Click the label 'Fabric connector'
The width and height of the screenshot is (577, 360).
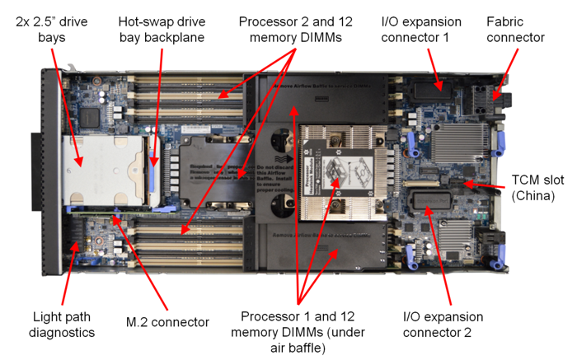pos(515,28)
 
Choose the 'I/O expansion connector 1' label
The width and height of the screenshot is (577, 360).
pos(434,28)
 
